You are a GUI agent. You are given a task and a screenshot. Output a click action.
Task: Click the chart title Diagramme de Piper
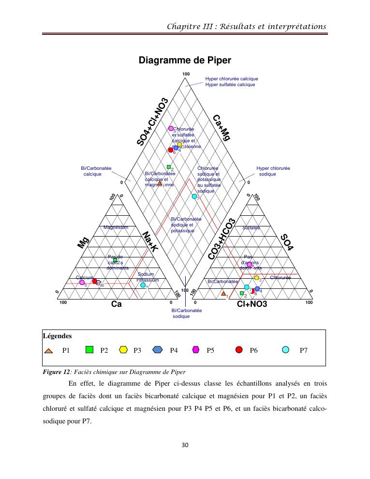tap(185, 60)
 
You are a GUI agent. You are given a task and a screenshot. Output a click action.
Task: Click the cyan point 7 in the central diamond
tap(194, 196)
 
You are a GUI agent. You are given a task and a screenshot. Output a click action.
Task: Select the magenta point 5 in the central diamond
tap(171, 129)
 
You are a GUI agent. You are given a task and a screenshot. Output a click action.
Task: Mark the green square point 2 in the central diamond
tap(169, 167)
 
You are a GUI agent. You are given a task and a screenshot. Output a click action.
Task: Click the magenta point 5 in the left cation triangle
tap(82, 282)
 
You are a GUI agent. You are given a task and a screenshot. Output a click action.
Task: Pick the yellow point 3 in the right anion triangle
tap(257, 278)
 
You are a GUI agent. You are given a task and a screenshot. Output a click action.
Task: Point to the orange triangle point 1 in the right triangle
tap(223, 294)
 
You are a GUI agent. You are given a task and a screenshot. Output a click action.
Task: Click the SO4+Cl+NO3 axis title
tap(153, 121)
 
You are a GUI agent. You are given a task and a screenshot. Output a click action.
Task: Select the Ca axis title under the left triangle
tap(116, 304)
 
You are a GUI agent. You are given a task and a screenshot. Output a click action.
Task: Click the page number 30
tap(185, 445)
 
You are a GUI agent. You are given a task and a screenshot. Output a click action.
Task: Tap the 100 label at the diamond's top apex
tap(186, 74)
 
